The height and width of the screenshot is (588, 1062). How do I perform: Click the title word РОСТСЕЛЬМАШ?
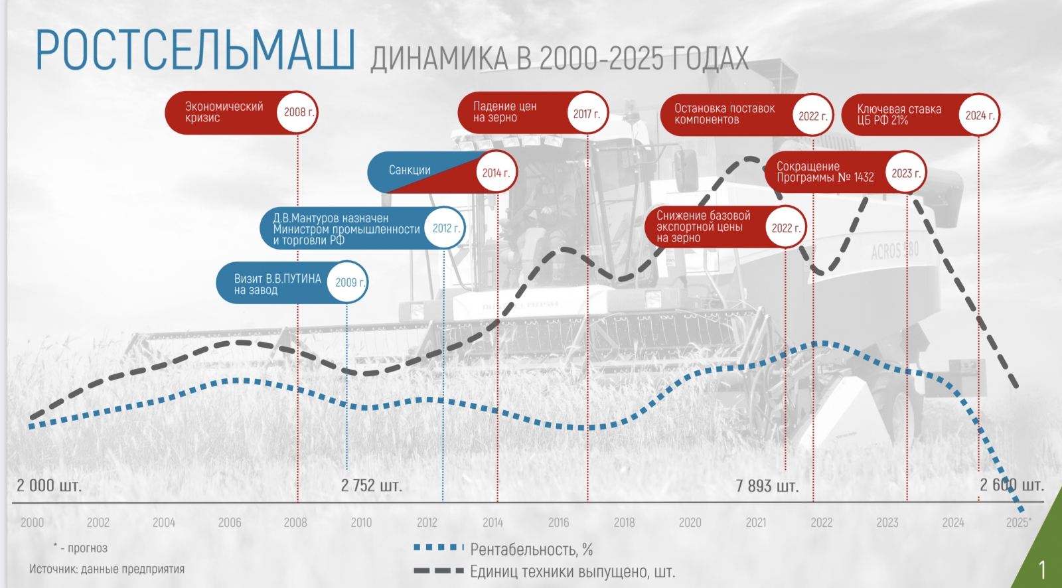click(x=194, y=50)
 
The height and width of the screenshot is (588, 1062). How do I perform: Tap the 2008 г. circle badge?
click(x=298, y=112)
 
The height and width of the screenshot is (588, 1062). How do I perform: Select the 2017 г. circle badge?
click(x=587, y=113)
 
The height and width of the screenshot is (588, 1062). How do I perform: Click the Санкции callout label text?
click(x=410, y=171)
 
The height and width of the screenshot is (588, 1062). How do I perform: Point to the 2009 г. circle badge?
click(x=348, y=283)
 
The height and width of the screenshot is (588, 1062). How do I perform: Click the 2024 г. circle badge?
click(x=979, y=115)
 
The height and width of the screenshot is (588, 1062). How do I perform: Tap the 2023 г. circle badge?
click(x=906, y=173)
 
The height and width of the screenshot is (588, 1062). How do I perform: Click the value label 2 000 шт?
click(x=49, y=486)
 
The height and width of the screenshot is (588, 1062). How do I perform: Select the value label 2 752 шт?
click(x=371, y=486)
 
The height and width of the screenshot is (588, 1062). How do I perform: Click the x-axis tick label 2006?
click(x=230, y=523)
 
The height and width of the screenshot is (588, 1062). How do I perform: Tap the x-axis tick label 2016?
click(x=558, y=523)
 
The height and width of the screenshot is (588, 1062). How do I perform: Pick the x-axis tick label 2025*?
click(x=1018, y=522)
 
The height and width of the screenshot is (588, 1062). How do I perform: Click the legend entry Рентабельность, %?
click(x=531, y=550)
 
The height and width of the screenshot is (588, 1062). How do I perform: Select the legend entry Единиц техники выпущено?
click(x=572, y=571)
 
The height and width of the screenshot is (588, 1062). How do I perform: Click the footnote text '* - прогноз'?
click(x=81, y=548)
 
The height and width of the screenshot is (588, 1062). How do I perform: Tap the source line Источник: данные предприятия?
click(x=107, y=569)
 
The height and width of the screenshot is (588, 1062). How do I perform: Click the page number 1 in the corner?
click(x=1042, y=570)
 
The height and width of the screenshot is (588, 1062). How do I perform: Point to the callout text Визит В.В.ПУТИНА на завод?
click(x=277, y=284)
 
